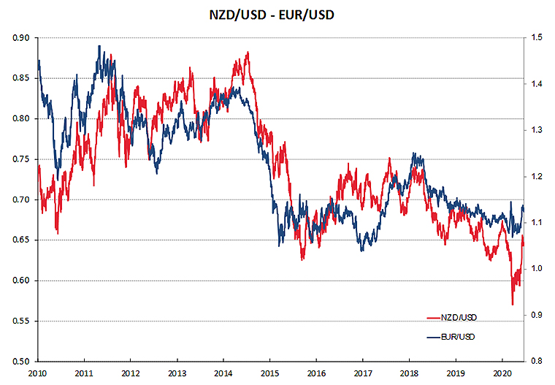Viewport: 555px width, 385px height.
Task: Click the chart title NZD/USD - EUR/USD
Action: pyautogui.click(x=277, y=15)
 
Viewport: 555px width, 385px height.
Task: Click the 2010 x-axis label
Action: pyautogui.click(x=37, y=373)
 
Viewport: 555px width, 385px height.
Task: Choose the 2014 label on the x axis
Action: pyautogui.click(x=223, y=373)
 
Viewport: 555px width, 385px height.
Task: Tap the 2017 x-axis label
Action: pyautogui.click(x=363, y=373)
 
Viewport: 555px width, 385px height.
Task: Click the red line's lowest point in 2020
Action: pyautogui.click(x=513, y=305)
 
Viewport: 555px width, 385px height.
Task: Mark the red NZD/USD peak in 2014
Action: pyautogui.click(x=248, y=53)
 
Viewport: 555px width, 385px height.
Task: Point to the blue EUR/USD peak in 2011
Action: pyautogui.click(x=99, y=46)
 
